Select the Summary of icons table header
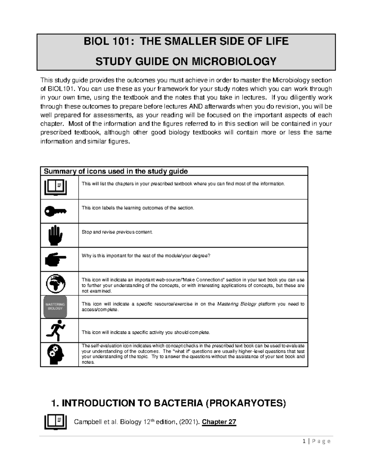116,171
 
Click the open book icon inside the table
55,187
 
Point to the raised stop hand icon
55,235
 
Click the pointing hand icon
55,259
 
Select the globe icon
55,283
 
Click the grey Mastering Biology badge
55,306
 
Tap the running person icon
55,330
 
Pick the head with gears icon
55,354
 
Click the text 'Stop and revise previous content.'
117,232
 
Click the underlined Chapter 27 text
219,422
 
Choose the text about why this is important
146,256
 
